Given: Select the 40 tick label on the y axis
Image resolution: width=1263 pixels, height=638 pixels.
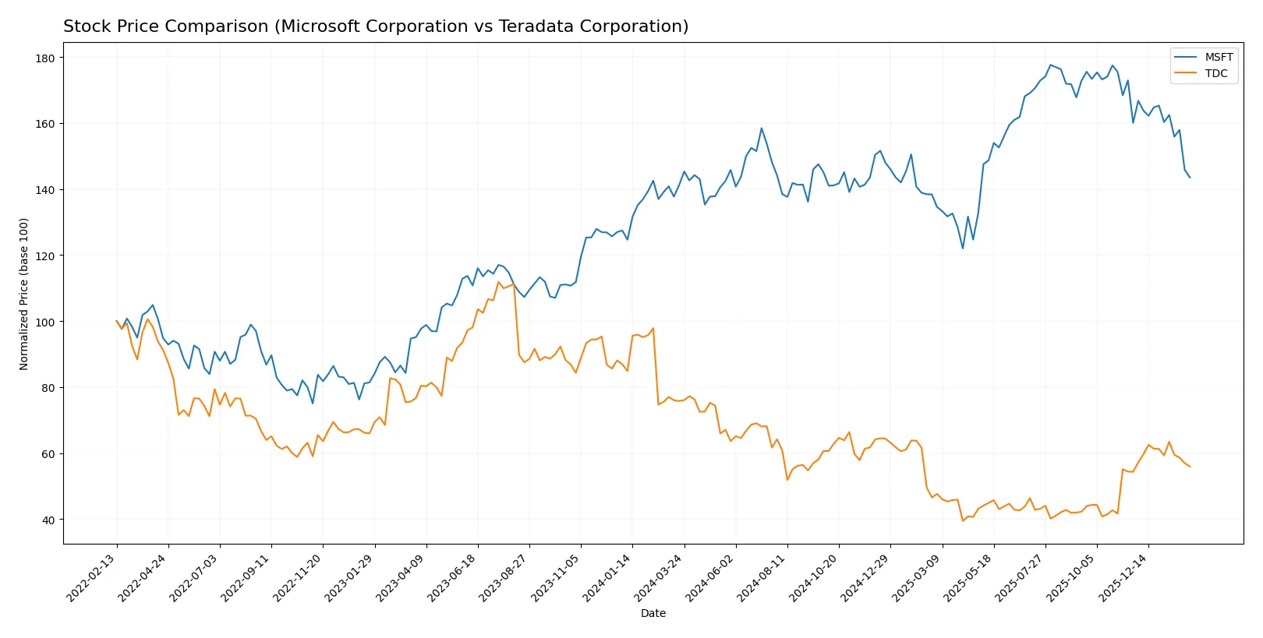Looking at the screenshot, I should tap(48, 520).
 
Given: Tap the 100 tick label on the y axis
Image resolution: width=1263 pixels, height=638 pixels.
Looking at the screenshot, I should tap(44, 323).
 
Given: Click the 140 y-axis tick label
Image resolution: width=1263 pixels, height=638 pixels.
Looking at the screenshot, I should tap(44, 190).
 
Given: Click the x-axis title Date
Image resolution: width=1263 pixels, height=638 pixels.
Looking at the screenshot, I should tap(653, 614).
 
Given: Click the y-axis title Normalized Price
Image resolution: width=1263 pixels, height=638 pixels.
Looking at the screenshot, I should tap(24, 294).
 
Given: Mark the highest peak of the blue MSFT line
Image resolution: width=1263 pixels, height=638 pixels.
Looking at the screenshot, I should tap(1050, 65).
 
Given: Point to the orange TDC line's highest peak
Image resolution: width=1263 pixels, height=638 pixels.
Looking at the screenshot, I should tap(499, 282).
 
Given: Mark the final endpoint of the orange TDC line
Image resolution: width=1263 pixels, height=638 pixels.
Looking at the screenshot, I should tap(1190, 467).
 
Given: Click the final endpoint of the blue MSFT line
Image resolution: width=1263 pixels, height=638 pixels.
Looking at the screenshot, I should tap(1190, 178).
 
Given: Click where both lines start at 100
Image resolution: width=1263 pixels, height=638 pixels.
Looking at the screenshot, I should tap(117, 321).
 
